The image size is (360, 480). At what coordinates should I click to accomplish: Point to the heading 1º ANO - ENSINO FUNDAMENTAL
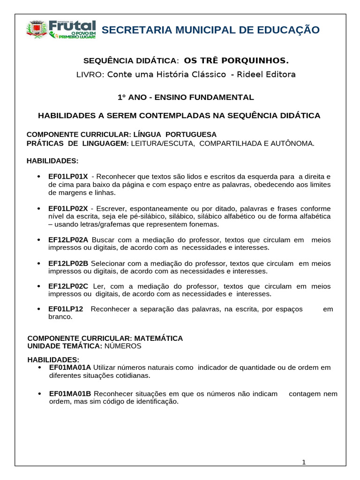point(185,97)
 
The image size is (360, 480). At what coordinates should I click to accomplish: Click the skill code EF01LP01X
point(68,176)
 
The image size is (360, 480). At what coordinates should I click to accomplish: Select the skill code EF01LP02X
point(68,208)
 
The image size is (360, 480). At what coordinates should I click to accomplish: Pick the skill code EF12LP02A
point(68,240)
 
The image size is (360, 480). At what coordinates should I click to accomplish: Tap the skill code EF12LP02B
point(68,263)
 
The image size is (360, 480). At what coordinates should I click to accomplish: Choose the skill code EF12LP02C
point(68,286)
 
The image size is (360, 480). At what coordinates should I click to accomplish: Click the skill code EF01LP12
point(66,309)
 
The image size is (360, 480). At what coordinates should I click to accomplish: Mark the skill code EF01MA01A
point(70,367)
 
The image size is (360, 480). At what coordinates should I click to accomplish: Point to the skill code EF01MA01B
point(70,394)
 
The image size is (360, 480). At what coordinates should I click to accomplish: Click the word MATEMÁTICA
point(159,338)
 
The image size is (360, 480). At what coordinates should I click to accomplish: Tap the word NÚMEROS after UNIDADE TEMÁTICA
point(122,346)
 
